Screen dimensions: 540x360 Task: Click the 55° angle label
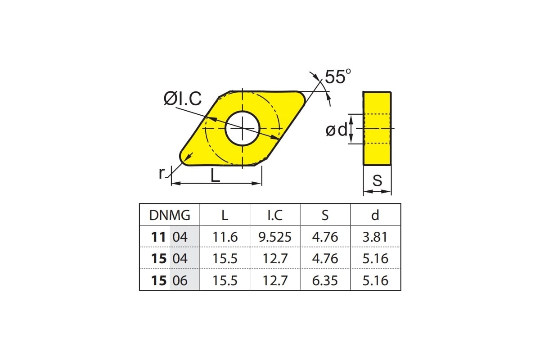(x=338, y=76)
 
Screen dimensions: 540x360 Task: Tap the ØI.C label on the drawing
(x=183, y=99)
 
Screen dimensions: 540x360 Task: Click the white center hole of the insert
(x=243, y=128)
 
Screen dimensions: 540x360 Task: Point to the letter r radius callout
(x=162, y=173)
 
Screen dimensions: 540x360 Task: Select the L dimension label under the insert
(x=215, y=175)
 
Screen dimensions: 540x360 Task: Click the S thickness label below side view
(x=377, y=180)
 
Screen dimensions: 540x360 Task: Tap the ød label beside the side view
(x=337, y=130)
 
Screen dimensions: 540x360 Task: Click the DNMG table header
(x=170, y=215)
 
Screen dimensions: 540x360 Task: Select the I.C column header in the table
(x=275, y=215)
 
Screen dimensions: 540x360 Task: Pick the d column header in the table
(x=375, y=215)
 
